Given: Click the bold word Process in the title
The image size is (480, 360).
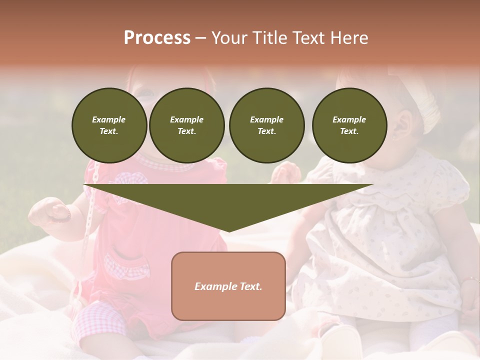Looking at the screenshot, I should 157,38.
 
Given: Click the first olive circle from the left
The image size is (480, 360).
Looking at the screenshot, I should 109,125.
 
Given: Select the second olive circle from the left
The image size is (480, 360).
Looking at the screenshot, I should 187,125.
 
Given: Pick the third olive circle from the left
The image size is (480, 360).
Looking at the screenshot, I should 267,125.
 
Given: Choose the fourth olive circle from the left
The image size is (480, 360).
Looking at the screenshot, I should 349,125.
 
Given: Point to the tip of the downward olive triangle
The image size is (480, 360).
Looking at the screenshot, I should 229,230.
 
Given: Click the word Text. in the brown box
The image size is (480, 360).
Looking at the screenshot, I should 251,286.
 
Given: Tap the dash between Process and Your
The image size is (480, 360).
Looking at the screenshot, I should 201,38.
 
